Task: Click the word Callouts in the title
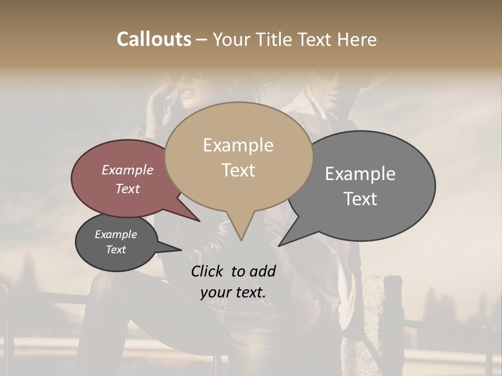tap(154, 39)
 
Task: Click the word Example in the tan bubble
tap(238, 146)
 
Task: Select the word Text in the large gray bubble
tap(360, 199)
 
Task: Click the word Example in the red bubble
tap(127, 170)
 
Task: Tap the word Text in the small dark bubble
tap(116, 250)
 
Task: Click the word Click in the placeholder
tap(208, 271)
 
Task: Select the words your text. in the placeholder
tap(233, 292)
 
